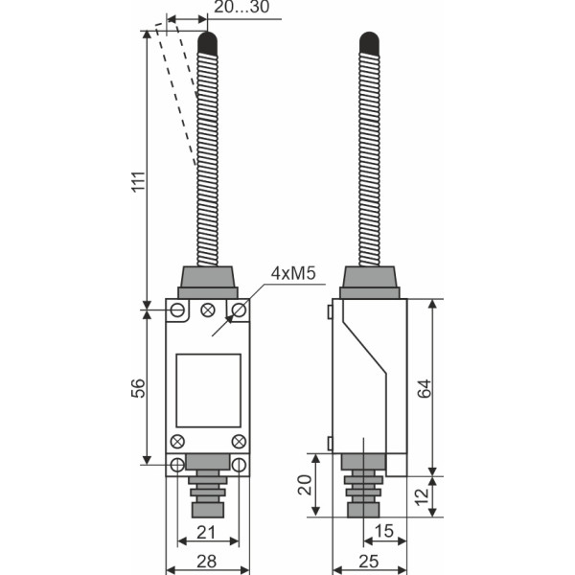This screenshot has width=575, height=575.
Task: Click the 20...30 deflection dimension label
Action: pyautogui.click(x=241, y=8)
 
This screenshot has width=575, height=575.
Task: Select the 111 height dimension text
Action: pyautogui.click(x=136, y=183)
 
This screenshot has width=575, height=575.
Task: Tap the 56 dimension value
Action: pyautogui.click(x=136, y=388)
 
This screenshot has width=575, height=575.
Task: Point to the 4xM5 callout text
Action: pyautogui.click(x=293, y=274)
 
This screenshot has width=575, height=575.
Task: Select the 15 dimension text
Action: pyautogui.click(x=384, y=530)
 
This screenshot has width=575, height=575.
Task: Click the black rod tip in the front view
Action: pyautogui.click(x=207, y=42)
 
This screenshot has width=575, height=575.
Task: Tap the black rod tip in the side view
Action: pyautogui.click(x=369, y=42)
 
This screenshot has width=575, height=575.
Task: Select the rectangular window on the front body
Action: pyautogui.click(x=208, y=390)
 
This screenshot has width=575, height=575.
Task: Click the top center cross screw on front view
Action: pyautogui.click(x=208, y=310)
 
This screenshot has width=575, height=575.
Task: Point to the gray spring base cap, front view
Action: pyautogui.click(x=208, y=282)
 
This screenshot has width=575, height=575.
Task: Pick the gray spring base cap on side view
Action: pyautogui.click(x=369, y=282)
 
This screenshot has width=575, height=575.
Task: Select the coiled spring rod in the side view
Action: pyautogui.click(x=369, y=158)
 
